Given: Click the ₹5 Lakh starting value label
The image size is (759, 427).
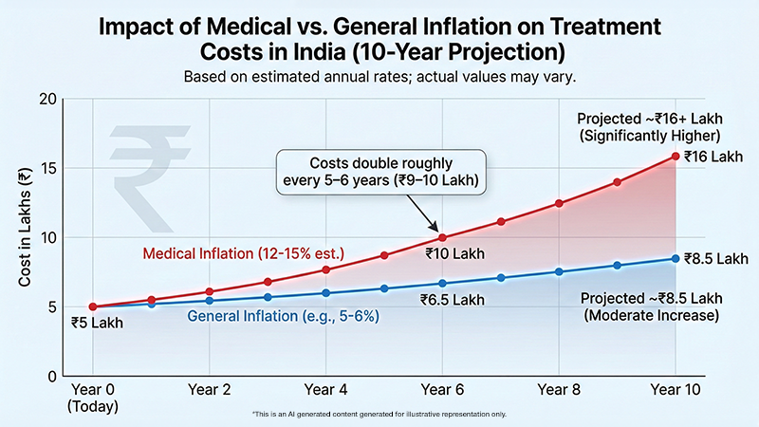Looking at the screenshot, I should [98, 323].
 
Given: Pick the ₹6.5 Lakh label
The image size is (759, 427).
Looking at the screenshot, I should [451, 299].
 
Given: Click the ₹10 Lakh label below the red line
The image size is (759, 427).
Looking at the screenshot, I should [445, 254].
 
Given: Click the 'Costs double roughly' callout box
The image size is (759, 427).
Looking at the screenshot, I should [378, 168].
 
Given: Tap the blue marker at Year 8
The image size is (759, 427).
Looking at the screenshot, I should [559, 271].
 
